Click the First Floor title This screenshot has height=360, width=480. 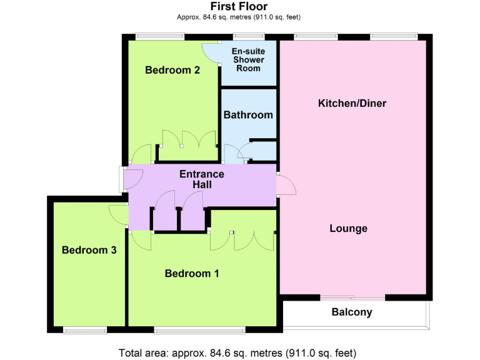click(x=239, y=6)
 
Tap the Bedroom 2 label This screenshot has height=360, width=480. click(x=172, y=70)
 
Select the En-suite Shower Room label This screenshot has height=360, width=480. click(x=248, y=60)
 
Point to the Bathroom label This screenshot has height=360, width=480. click(x=248, y=115)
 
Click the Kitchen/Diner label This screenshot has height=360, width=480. click(x=348, y=102)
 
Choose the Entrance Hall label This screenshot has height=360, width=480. click(x=202, y=179)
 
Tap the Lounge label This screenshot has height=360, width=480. click(x=348, y=228)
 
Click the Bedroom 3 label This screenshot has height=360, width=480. click(x=89, y=250)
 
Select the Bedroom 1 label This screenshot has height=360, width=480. click(x=192, y=273)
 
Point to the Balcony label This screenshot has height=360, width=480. click(x=352, y=312)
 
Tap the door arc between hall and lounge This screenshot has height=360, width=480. click(x=284, y=186)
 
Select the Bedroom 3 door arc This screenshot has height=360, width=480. click(x=117, y=214)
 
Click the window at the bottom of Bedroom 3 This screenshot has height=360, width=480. click(x=84, y=329)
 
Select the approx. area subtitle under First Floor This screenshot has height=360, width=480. click(x=239, y=18)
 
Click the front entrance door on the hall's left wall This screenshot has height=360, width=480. click(x=122, y=177)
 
